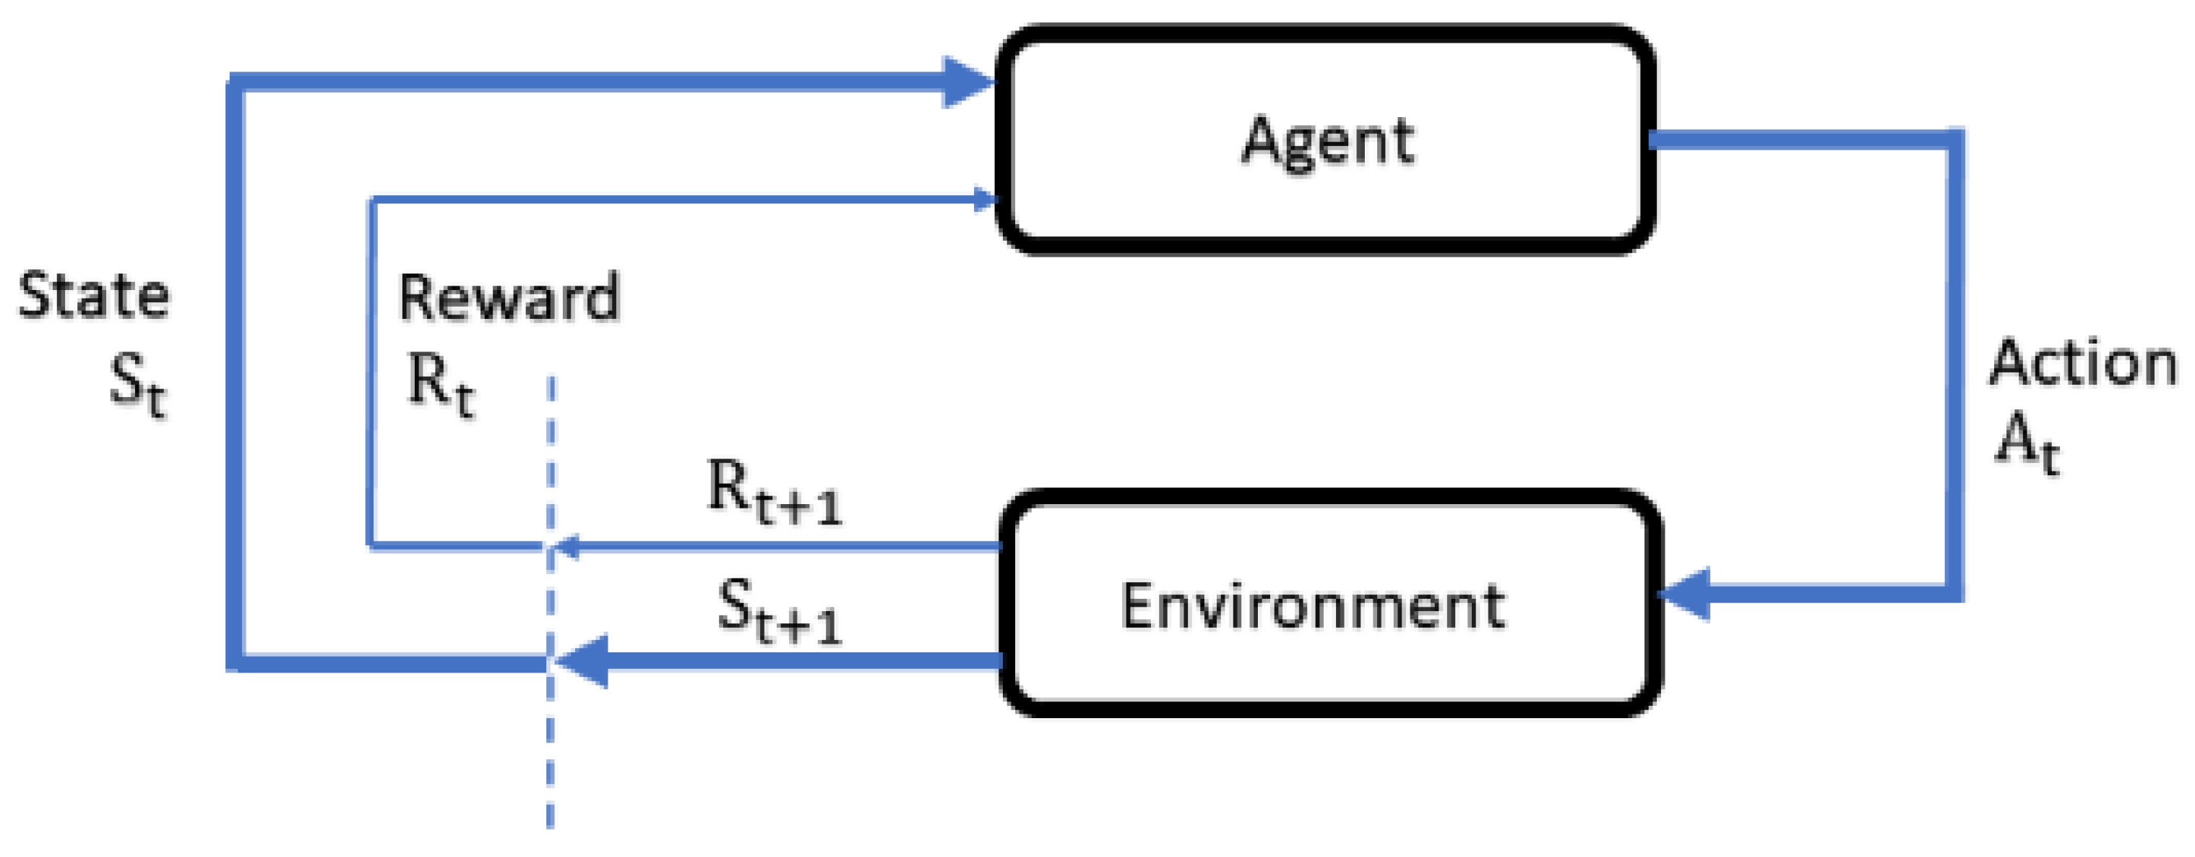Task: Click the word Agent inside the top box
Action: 1327,141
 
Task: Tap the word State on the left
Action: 94,296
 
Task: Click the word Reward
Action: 509,298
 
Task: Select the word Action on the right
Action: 2082,364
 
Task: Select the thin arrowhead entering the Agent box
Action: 985,200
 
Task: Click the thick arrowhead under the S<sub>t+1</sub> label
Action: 584,661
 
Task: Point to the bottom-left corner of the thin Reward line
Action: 371,544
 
